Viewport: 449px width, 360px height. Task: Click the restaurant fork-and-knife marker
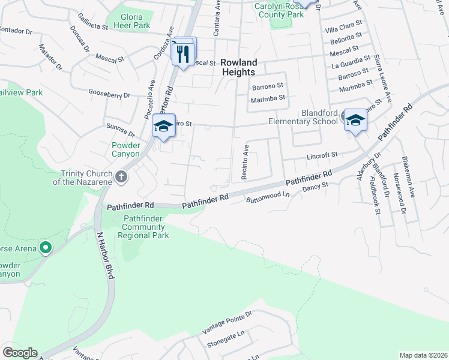coord(183,55)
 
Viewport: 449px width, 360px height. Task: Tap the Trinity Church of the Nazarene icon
coord(121,176)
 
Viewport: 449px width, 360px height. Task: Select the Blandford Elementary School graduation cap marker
coord(355,121)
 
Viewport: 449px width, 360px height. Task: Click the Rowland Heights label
coord(238,67)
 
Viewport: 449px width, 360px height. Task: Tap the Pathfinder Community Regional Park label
coord(143,227)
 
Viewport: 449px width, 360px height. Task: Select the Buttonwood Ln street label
coord(268,197)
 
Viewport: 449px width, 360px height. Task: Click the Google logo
coord(20,353)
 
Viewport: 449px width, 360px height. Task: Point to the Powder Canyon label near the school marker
coord(126,149)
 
